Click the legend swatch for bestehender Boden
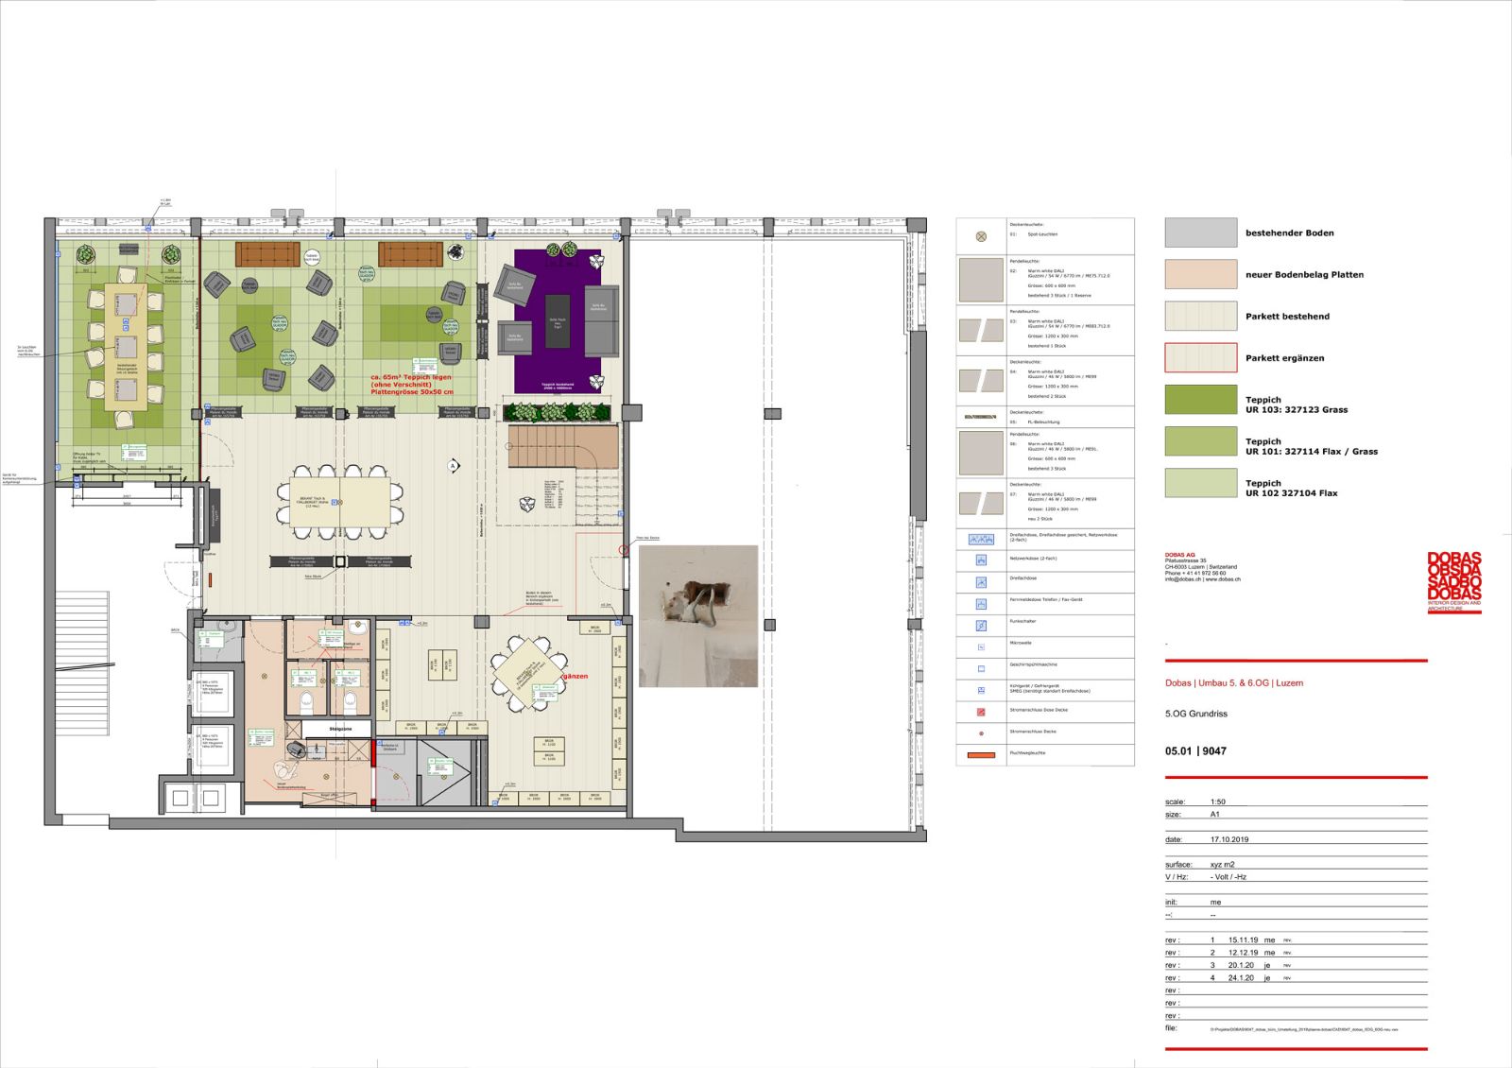[1200, 233]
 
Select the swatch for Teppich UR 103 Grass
[1200, 400]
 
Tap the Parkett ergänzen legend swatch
[1200, 358]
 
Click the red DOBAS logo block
[1454, 580]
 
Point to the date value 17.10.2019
[1229, 839]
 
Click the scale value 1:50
[1218, 801]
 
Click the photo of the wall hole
[698, 615]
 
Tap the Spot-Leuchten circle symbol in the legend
[980, 236]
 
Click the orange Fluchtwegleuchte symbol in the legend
[980, 754]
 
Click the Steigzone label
[340, 730]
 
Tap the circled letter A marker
[453, 466]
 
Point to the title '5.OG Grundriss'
[1195, 714]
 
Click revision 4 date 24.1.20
[1241, 978]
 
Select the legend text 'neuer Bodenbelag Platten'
[1304, 275]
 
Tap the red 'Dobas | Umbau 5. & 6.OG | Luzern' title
[1233, 682]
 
